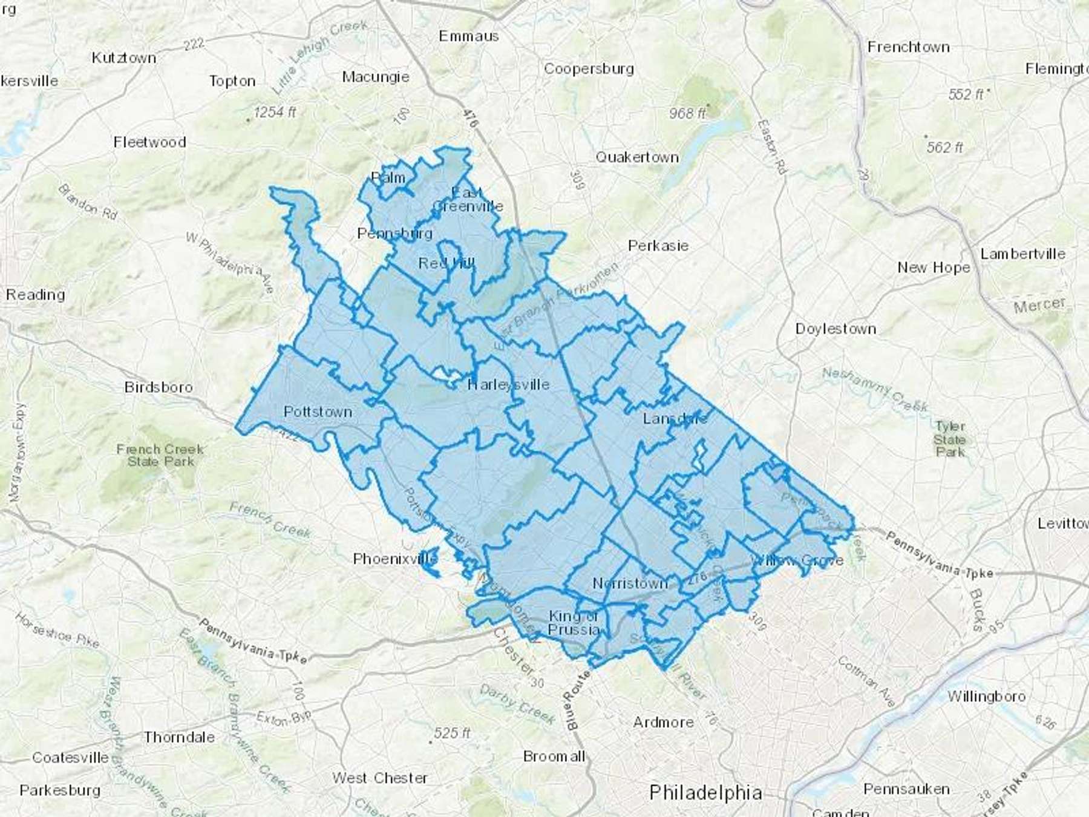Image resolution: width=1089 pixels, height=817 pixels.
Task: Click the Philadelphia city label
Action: pos(705,792)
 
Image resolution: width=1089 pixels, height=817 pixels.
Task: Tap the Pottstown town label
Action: pos(318,412)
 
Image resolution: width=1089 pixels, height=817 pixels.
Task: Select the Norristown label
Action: pos(630,583)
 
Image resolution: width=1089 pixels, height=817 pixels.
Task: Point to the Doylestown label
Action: pos(836,329)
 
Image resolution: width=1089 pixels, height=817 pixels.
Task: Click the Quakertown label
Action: pos(637,157)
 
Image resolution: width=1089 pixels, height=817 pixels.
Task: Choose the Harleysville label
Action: pos(508,385)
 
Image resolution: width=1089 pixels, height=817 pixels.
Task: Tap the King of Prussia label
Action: pos(573,623)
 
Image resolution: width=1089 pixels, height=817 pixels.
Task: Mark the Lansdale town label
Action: pos(675,418)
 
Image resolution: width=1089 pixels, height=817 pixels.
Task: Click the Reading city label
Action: pos(35,295)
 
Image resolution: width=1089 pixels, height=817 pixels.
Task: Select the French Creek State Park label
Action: pos(160,455)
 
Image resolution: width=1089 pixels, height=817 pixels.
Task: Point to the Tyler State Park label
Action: pos(949,439)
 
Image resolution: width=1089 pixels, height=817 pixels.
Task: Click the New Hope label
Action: pos(934,267)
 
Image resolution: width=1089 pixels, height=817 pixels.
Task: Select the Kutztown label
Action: pos(124,58)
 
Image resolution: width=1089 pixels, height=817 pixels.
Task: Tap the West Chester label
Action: pos(379,778)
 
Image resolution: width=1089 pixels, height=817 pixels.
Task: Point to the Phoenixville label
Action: pos(394,559)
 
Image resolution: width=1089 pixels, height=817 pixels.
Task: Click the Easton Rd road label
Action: pos(772,147)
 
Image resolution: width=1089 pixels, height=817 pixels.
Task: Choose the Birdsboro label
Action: pos(159,387)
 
